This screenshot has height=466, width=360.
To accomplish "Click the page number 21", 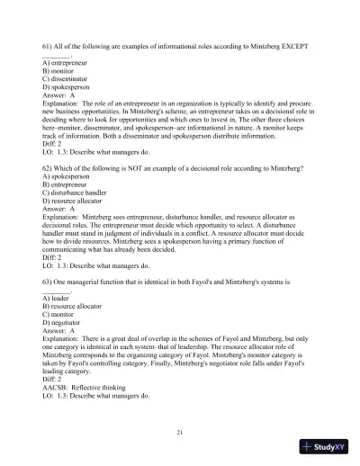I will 180,434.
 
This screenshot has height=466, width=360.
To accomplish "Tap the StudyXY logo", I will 327,445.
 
